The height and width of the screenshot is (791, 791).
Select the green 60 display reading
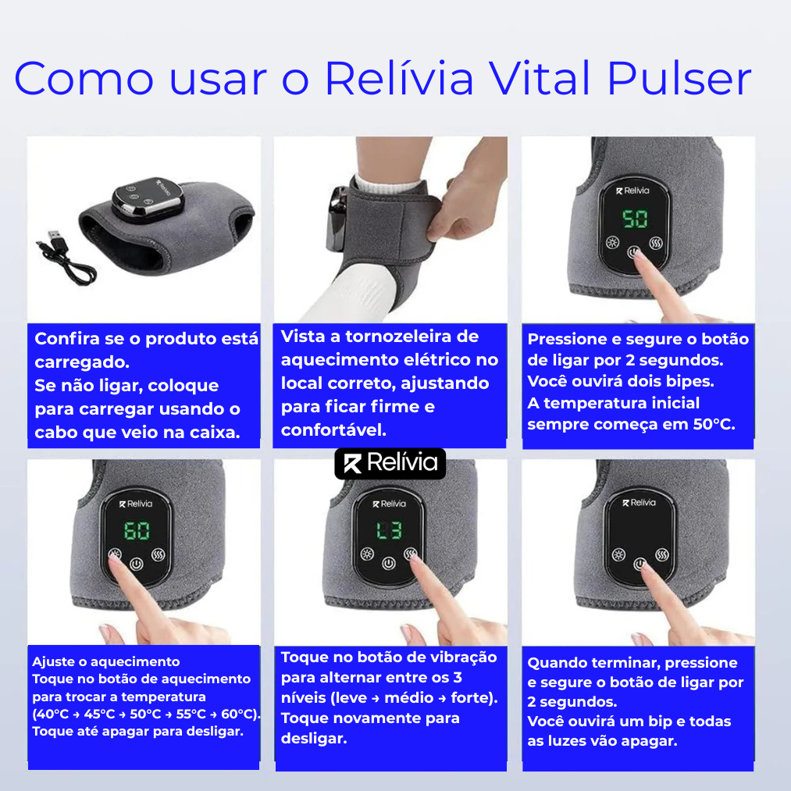tap(137, 532)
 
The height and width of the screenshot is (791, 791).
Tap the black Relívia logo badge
tap(390, 464)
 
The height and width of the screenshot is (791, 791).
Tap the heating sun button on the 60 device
tap(116, 557)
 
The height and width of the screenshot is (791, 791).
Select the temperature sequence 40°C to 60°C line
tap(146, 714)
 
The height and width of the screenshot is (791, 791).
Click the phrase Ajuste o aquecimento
tap(95, 662)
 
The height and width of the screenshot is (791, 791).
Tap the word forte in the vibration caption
tap(471, 697)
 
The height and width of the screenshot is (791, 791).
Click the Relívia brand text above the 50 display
tap(633, 190)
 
